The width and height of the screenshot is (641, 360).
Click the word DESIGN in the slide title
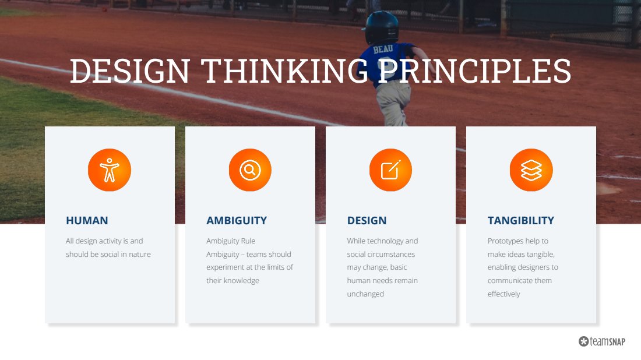coord(130,70)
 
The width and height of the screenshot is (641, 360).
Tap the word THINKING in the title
coord(284,70)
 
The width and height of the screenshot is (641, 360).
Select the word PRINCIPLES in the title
coord(474,70)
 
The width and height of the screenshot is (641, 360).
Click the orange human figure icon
coord(110,170)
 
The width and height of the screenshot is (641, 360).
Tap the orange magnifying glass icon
coord(250,170)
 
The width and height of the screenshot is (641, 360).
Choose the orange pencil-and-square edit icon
coord(391,170)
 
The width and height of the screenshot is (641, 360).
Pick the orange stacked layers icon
coord(531,170)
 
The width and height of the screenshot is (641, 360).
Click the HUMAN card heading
coord(87,221)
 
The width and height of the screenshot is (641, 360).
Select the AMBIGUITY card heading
coord(237,221)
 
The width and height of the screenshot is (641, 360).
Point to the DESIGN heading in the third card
coord(367,221)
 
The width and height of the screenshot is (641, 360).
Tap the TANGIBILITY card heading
coord(521,221)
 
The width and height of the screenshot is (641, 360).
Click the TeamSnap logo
coord(602,341)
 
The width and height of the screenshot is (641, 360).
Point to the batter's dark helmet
coord(382,27)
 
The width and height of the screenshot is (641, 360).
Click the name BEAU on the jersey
coord(383,50)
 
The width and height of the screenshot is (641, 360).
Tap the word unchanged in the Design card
coord(365,294)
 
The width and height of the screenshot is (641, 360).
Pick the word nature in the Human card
coord(140,254)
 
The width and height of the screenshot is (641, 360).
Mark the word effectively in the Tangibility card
coord(503,294)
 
